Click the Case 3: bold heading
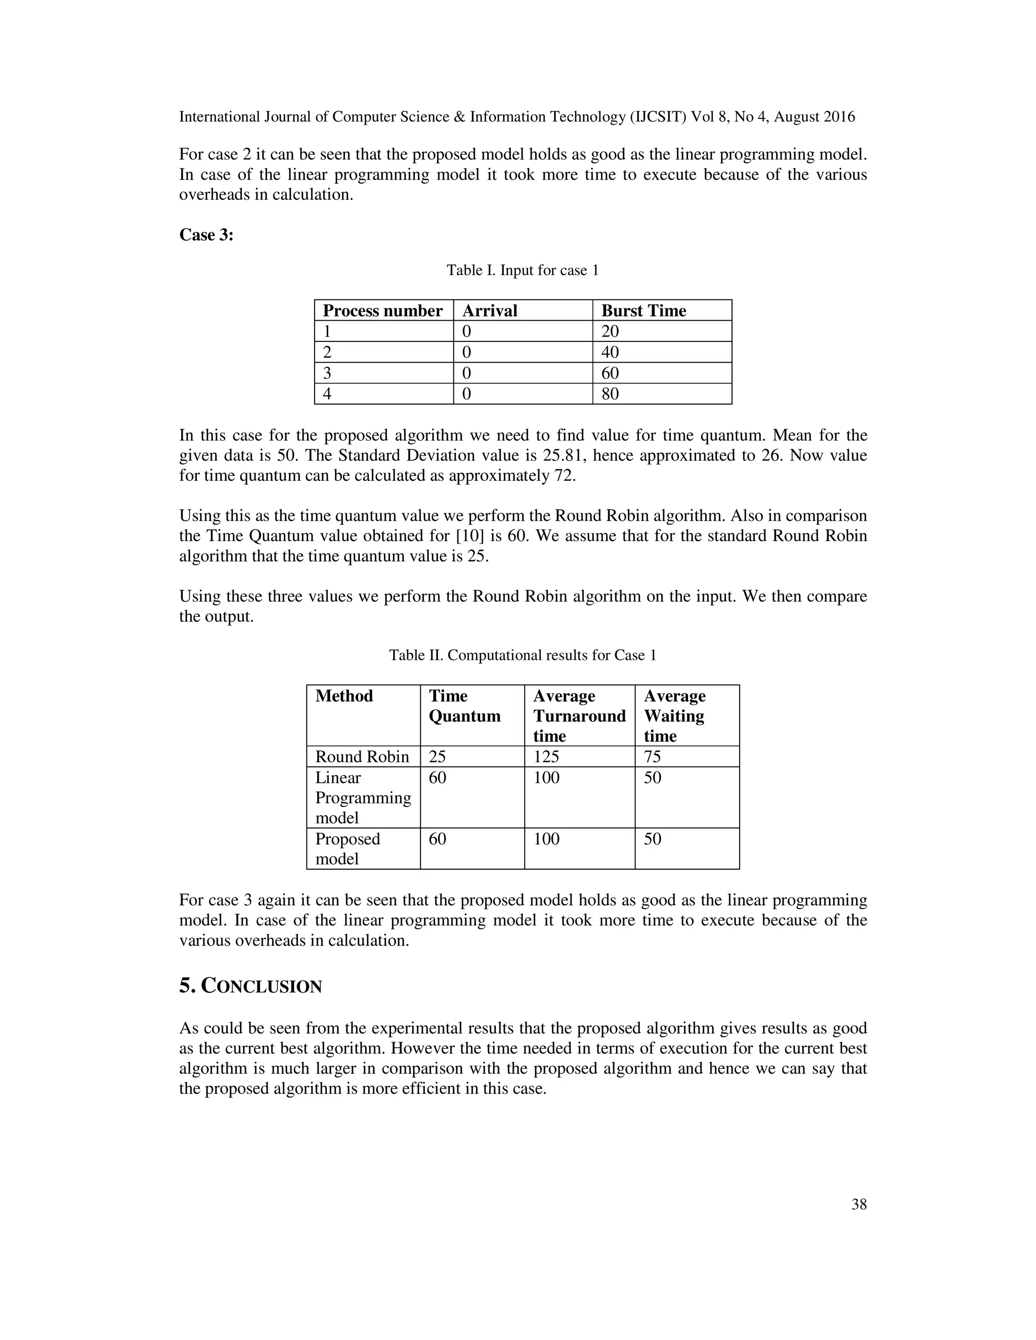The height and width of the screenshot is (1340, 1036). (x=206, y=235)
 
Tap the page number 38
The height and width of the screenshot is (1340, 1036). (x=858, y=1204)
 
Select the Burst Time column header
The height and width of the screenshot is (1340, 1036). (x=643, y=310)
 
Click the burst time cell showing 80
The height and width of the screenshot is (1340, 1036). (x=610, y=394)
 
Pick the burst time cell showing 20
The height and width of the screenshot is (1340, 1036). (x=610, y=331)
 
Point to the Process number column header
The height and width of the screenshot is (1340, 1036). (x=382, y=310)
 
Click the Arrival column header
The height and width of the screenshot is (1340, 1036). (x=490, y=310)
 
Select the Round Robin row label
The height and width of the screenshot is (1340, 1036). (x=362, y=756)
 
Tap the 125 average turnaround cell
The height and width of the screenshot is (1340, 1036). (x=546, y=756)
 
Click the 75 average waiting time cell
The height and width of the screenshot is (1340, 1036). (x=653, y=756)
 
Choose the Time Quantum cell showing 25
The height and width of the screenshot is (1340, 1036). (x=438, y=756)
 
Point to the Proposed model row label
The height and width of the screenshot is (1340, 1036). (x=348, y=848)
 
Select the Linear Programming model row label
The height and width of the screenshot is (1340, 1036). (x=363, y=797)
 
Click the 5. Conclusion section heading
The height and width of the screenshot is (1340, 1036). (x=250, y=987)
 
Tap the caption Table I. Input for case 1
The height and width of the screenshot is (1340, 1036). (x=522, y=271)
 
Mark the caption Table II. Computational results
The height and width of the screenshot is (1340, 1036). (x=522, y=655)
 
